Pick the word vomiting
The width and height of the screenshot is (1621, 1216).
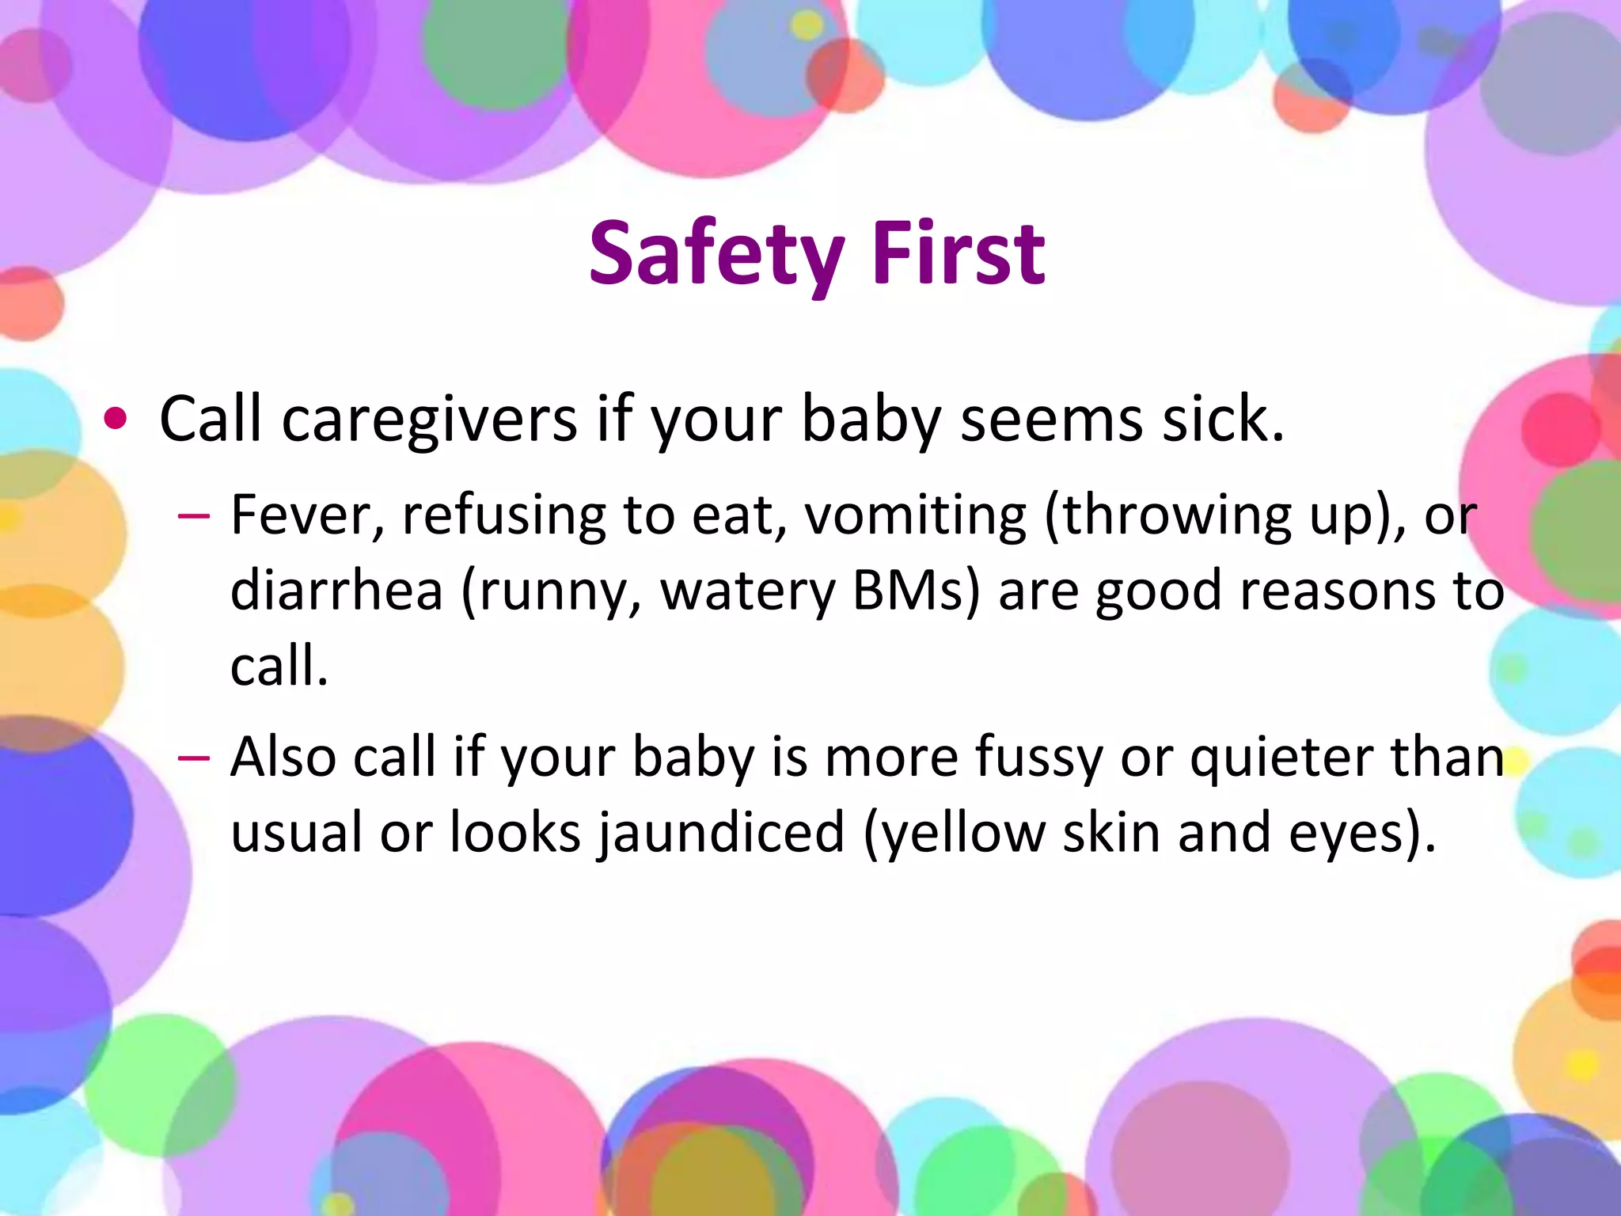(x=915, y=515)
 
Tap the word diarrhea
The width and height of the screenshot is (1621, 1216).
(x=336, y=591)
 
